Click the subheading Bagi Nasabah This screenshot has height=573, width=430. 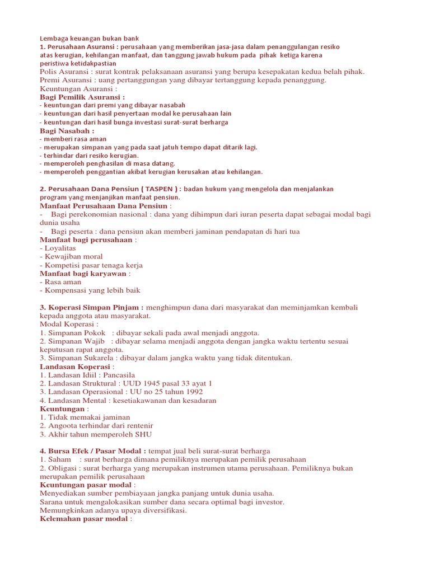(66, 130)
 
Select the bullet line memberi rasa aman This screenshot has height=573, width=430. (75, 139)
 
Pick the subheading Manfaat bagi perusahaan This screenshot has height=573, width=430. (86, 239)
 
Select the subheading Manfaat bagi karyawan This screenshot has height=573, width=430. (84, 274)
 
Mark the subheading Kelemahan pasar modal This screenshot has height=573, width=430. (84, 519)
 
